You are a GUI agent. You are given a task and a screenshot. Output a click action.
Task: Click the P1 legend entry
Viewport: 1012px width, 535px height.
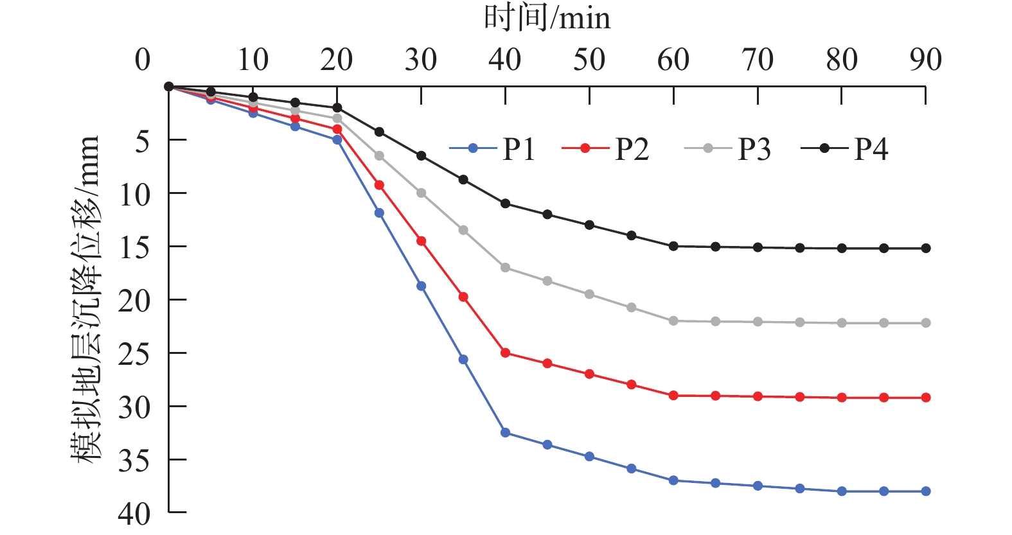click(x=493, y=149)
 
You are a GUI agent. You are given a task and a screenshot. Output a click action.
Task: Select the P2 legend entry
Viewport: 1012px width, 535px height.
click(x=606, y=149)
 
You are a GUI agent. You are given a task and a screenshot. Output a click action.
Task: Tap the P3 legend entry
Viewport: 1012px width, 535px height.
click(x=727, y=149)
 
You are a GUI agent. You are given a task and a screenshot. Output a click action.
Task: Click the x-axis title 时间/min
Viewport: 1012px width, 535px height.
click(x=547, y=18)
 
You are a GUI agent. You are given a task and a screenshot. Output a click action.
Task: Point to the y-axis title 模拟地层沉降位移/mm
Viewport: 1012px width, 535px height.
click(x=85, y=299)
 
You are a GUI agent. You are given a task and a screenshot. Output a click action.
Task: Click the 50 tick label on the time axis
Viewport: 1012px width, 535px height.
click(x=589, y=60)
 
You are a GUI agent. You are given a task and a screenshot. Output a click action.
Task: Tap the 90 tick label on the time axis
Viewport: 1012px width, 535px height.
click(x=925, y=60)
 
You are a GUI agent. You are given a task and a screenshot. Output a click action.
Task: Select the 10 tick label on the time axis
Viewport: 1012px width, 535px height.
click(x=253, y=60)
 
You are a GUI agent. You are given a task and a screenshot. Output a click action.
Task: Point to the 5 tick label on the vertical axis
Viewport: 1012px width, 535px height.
click(x=142, y=141)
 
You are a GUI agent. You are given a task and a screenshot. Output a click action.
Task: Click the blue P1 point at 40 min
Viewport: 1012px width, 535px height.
click(x=506, y=433)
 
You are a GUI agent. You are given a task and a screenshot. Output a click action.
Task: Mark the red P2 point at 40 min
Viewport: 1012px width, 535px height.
click(x=506, y=353)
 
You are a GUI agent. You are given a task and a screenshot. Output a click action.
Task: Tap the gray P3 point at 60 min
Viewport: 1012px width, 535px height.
click(x=673, y=320)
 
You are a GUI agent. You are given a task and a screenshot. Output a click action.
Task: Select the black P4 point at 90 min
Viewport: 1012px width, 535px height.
click(x=926, y=248)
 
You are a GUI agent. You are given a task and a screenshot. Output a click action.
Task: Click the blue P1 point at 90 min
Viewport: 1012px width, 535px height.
click(x=926, y=491)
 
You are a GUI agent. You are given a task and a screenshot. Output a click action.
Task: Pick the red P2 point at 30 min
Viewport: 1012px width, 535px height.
click(x=422, y=241)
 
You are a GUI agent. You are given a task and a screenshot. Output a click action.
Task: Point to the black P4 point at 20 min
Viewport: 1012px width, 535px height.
click(x=337, y=107)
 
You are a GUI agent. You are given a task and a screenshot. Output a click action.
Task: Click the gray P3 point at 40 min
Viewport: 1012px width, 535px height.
click(x=506, y=267)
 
